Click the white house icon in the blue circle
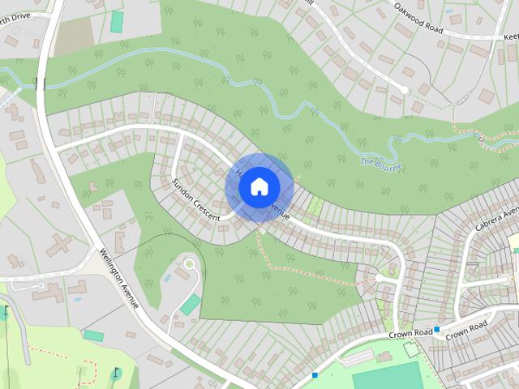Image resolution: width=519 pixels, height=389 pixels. (259, 186)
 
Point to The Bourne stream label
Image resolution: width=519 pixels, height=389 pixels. (380, 162)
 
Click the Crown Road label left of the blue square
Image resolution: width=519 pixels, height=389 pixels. (410, 331)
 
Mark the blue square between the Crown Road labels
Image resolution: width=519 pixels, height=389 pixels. (436, 329)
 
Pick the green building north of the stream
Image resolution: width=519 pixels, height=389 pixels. (118, 22)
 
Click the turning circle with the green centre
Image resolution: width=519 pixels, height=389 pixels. (190, 263)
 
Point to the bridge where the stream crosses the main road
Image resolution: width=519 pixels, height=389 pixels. (40, 83)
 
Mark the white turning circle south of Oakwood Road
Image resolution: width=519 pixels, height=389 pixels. (404, 90)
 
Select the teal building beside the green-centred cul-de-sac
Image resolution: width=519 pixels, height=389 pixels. (190, 306)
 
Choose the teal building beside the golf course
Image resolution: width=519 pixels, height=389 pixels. (93, 336)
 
